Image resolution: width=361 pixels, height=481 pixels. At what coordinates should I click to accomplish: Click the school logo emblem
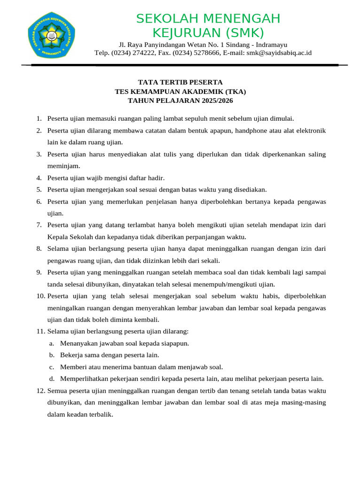50,35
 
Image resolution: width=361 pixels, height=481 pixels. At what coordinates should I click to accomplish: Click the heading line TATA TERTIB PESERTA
180,82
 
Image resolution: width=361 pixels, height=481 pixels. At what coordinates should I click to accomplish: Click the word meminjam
63,166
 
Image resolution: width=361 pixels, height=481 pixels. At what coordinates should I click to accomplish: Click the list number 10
40,296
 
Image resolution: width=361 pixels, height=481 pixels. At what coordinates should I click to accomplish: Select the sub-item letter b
51,355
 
